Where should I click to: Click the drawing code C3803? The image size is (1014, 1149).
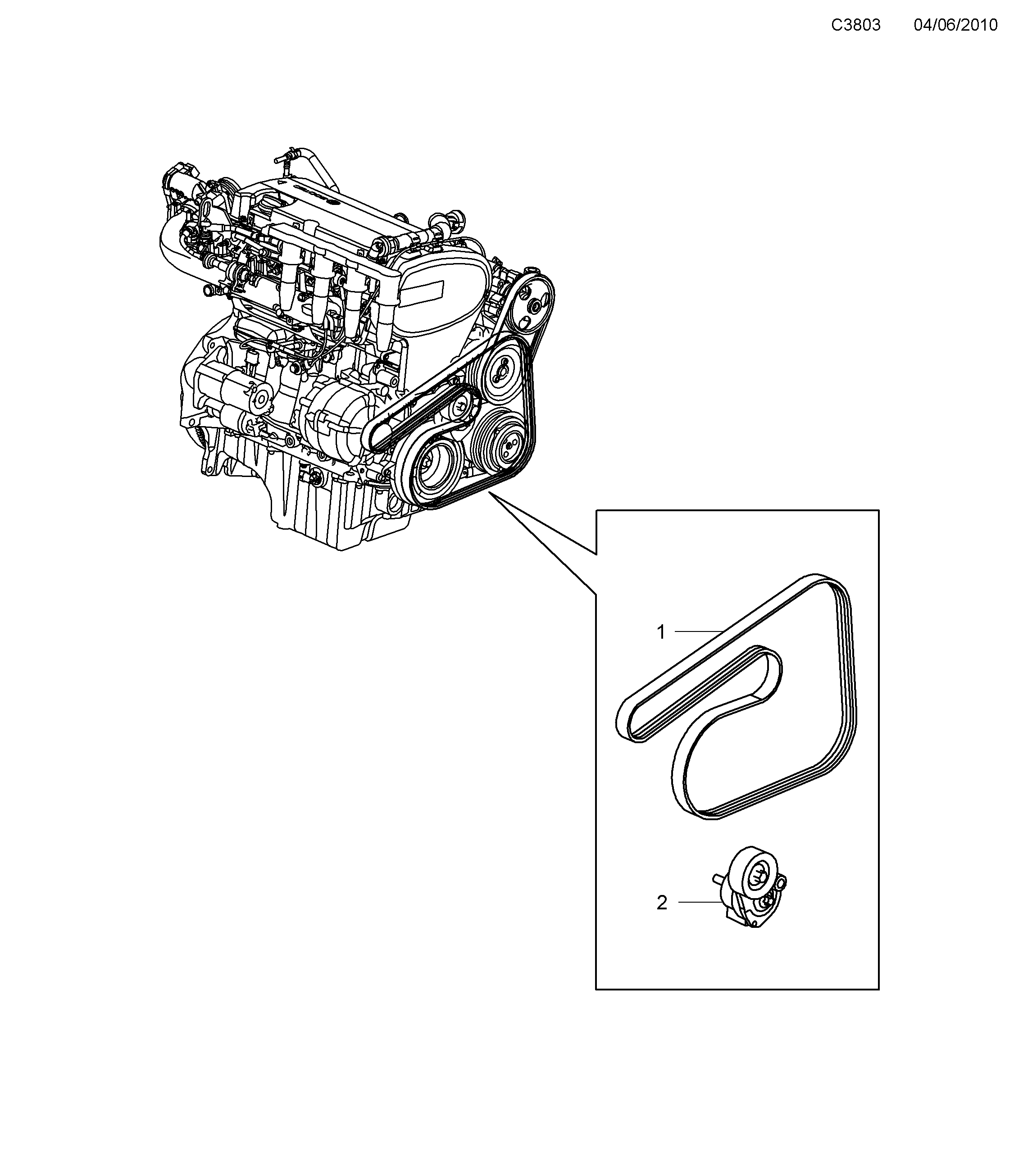pos(855,25)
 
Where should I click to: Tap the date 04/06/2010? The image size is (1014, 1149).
pos(955,25)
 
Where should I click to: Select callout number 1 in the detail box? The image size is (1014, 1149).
pos(661,632)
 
